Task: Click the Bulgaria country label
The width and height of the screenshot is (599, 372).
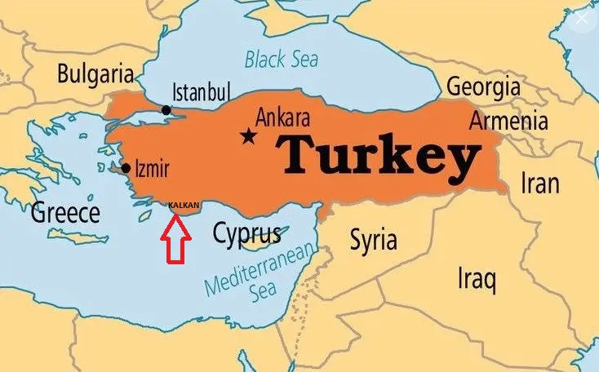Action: coord(95,74)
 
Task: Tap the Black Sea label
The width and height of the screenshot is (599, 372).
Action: coord(282,59)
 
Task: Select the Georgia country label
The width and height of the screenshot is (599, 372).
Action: coord(483,87)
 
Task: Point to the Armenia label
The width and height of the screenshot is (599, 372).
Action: coord(508,121)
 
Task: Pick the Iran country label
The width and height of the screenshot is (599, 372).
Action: coord(540,183)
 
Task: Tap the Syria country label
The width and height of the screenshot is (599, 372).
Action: coord(373,240)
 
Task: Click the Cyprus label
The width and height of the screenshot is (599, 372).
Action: coord(246,234)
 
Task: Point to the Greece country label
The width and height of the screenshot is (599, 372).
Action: coord(65,214)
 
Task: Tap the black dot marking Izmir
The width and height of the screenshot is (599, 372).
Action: coord(126,169)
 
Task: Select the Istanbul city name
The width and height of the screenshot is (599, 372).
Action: coord(202,91)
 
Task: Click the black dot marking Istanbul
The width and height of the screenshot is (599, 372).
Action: coord(166,110)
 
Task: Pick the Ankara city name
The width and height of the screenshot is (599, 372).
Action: coord(282,117)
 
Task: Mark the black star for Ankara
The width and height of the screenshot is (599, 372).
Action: coord(247,135)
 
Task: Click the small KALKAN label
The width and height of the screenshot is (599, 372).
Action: coord(184,205)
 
